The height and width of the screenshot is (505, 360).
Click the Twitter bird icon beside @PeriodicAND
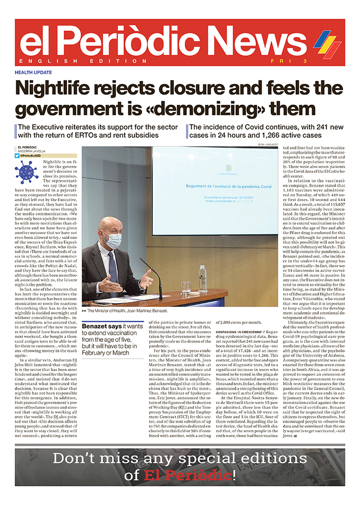(17, 155)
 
